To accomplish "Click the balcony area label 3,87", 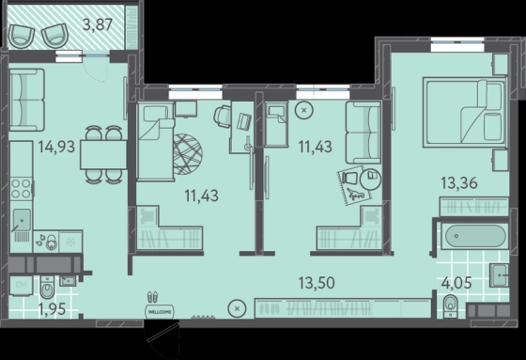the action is (x=98, y=24).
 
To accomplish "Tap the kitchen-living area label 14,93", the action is (x=56, y=147).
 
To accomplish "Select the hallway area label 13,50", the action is (x=317, y=283).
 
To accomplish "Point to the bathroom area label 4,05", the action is (x=456, y=283).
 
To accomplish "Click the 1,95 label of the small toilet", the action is (x=52, y=309).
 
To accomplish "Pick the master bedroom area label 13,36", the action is (x=459, y=183).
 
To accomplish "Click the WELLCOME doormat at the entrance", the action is (x=160, y=312).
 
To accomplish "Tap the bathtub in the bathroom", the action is (x=475, y=236).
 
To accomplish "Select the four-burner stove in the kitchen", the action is (x=22, y=189).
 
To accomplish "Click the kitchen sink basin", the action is (x=22, y=220).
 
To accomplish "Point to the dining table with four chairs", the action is (x=103, y=154).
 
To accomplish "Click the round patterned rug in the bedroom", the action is (x=188, y=154).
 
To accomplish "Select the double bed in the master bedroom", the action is (x=465, y=112).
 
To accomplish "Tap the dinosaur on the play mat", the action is (x=355, y=195).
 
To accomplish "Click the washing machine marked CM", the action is (x=21, y=286).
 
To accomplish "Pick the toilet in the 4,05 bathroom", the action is (x=450, y=306).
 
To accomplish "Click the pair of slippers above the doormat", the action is (x=152, y=297).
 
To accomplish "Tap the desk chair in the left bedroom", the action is (x=222, y=117).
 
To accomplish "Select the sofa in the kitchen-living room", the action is (x=27, y=100).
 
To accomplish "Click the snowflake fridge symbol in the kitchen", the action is (x=70, y=242).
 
